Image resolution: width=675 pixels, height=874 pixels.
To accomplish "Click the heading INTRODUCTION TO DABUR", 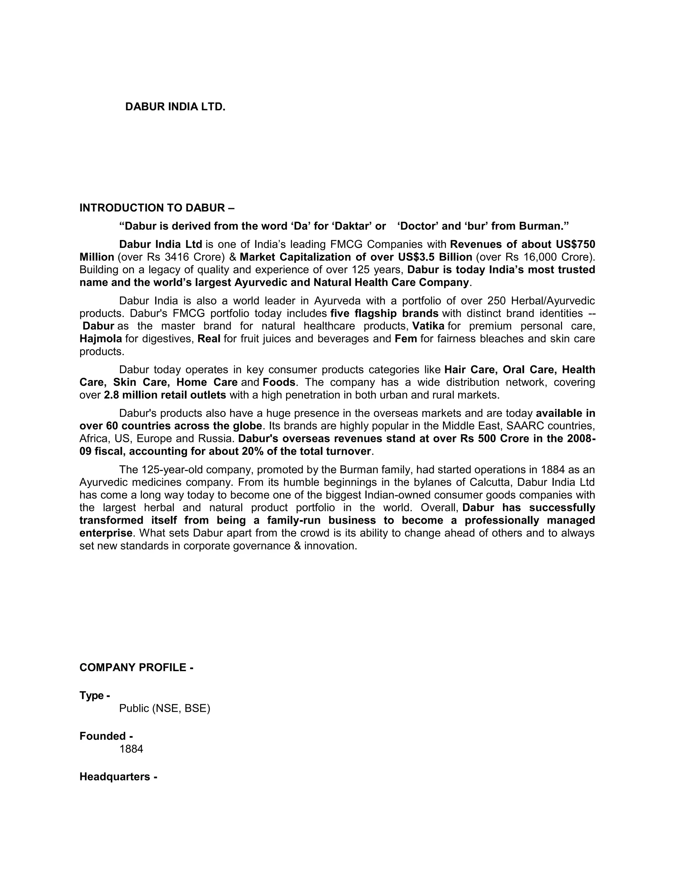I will pos(157,208).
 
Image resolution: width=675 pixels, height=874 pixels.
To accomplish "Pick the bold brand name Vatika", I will pos(428,326).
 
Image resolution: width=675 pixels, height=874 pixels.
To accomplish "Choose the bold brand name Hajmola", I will pos(101,339).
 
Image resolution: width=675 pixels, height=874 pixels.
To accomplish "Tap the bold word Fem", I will pos(405,339).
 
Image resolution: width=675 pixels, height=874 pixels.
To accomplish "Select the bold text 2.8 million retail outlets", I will pos(165,395).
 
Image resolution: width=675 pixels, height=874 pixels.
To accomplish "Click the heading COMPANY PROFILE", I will pos(136,668).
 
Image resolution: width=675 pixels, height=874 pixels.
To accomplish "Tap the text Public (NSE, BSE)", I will pos(164,709).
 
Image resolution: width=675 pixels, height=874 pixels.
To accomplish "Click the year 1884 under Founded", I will pos(131,749).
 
